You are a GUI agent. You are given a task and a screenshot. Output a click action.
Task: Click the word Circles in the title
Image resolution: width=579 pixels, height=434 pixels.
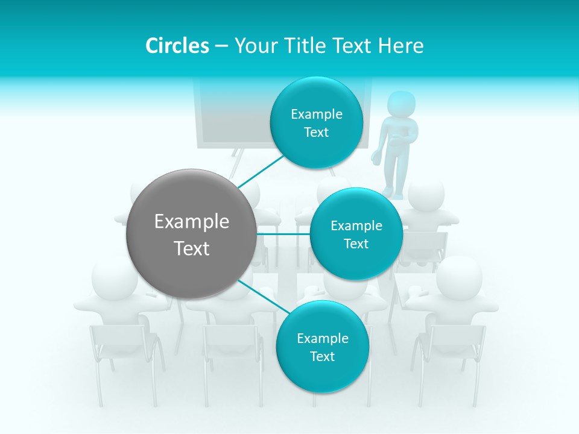(x=177, y=46)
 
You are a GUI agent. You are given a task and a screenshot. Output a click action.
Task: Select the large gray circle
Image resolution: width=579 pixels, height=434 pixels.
(x=191, y=234)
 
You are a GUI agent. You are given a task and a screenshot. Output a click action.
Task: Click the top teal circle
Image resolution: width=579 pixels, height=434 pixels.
(x=316, y=123)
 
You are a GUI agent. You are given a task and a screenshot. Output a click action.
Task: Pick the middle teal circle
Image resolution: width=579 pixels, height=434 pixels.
(x=356, y=234)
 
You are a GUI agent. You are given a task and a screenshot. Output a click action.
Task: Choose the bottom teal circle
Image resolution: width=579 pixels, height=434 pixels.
(x=322, y=347)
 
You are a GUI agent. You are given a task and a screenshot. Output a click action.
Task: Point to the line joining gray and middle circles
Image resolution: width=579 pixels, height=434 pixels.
(x=283, y=234)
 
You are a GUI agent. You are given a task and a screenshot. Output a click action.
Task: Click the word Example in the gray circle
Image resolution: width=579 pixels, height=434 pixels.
(x=191, y=222)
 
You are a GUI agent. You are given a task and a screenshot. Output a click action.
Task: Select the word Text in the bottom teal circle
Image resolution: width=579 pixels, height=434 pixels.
(x=322, y=356)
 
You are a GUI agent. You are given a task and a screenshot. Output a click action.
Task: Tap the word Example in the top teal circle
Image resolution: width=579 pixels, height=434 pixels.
(x=316, y=115)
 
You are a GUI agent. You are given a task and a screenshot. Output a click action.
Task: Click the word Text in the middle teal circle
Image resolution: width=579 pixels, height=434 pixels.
(x=356, y=244)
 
